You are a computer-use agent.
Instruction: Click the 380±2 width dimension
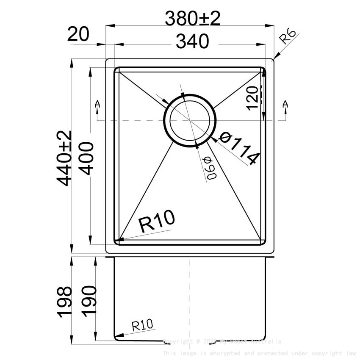pyautogui.click(x=193, y=18)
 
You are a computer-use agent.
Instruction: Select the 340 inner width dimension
pyautogui.click(x=193, y=42)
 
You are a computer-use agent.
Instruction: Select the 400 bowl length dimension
pyautogui.click(x=86, y=158)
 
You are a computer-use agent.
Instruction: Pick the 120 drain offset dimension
pyautogui.click(x=253, y=97)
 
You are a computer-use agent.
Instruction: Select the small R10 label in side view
pyautogui.click(x=142, y=326)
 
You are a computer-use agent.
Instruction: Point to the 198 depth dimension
pyautogui.click(x=65, y=302)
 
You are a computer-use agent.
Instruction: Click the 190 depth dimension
pyautogui.click(x=89, y=302)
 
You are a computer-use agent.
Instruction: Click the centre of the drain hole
pyautogui.click(x=190, y=120)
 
